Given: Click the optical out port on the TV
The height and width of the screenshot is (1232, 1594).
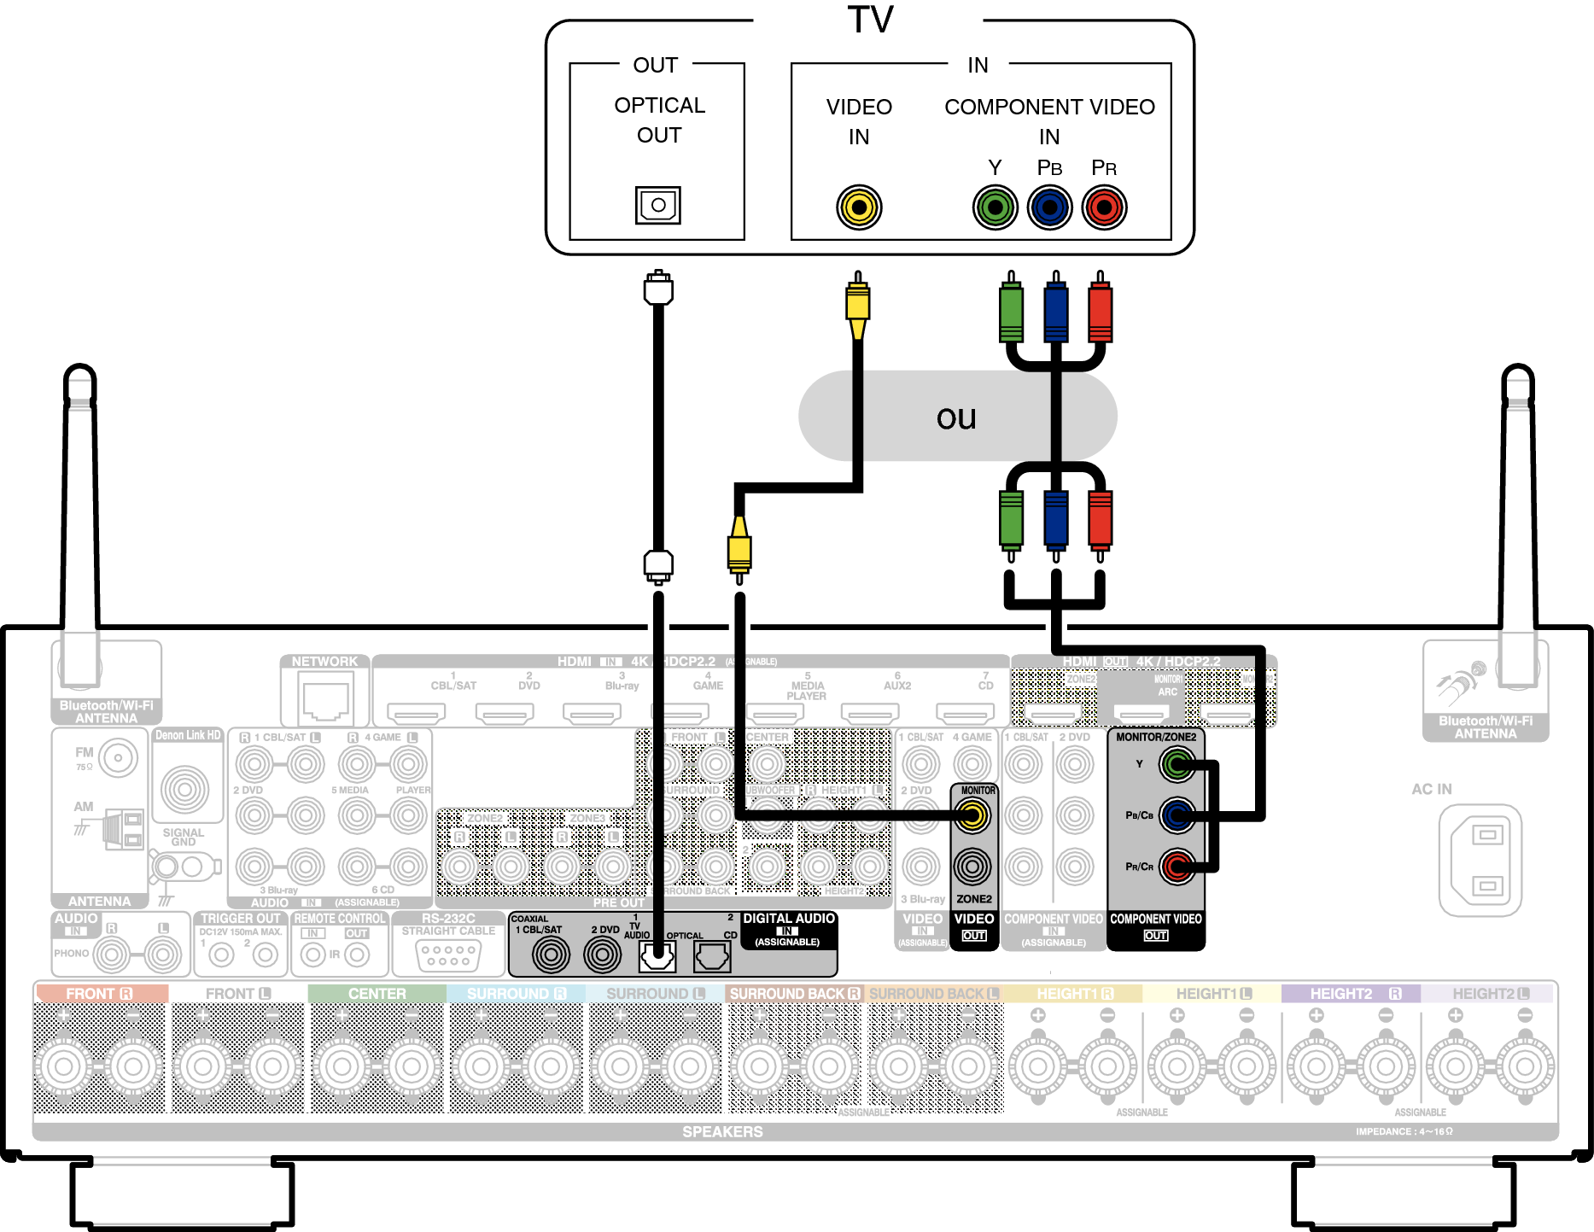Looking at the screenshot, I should [x=657, y=206].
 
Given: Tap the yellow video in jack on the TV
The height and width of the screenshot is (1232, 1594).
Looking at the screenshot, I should [x=859, y=207].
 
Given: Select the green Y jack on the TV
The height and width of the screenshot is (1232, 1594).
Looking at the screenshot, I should [x=995, y=207].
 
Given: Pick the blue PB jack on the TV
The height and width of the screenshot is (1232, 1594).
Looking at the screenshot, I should [x=1049, y=207].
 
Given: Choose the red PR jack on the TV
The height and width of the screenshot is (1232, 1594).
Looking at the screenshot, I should [x=1104, y=207].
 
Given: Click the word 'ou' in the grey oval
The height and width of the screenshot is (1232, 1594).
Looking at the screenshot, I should [x=956, y=417].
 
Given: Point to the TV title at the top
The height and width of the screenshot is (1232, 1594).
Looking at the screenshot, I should [x=870, y=20].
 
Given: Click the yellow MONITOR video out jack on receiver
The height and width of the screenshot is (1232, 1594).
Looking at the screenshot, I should [x=972, y=816].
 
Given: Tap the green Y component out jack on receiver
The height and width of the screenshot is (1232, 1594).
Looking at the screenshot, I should [x=1177, y=764].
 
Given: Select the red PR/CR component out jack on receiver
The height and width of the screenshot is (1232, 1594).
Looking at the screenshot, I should [x=1177, y=867].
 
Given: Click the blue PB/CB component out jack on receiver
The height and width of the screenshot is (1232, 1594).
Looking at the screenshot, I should [x=1177, y=815].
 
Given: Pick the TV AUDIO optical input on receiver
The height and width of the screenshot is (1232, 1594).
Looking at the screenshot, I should [x=657, y=955].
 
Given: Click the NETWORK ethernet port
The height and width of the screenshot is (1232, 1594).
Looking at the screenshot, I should [x=325, y=697].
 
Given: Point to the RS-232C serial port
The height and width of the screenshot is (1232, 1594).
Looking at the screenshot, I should [x=448, y=955].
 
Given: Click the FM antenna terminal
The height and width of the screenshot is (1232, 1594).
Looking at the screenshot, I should [x=118, y=757].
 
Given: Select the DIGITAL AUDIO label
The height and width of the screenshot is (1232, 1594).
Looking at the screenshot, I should [x=788, y=919].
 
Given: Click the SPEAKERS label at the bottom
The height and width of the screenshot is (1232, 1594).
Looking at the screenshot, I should [x=722, y=1132].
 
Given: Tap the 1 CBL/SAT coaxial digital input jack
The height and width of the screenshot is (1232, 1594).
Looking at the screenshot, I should [x=551, y=955].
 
